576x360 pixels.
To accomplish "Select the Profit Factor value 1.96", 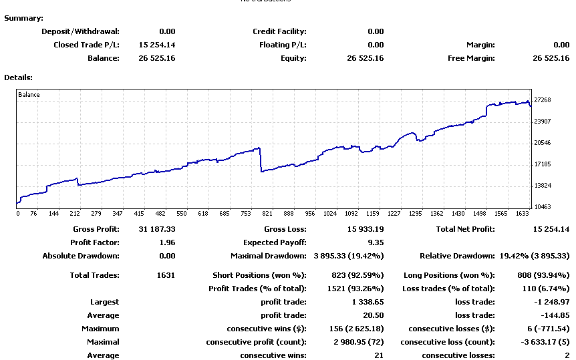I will coord(167,242).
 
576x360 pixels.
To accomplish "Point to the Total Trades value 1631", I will coord(164,275).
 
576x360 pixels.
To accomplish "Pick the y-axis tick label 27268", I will coord(543,100).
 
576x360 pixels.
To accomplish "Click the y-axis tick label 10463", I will coord(543,207).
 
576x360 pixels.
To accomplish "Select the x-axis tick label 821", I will coord(267,214).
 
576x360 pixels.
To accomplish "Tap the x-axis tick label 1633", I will coord(521,214).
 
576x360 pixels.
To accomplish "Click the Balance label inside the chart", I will coord(29,95).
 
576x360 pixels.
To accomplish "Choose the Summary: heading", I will coord(24,18).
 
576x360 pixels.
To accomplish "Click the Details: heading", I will coord(19,77).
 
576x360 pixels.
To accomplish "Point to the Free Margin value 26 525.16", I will coord(551,58).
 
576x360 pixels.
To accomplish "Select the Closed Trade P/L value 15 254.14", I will coord(157,45).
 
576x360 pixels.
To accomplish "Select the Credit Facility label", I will coord(279,31).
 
